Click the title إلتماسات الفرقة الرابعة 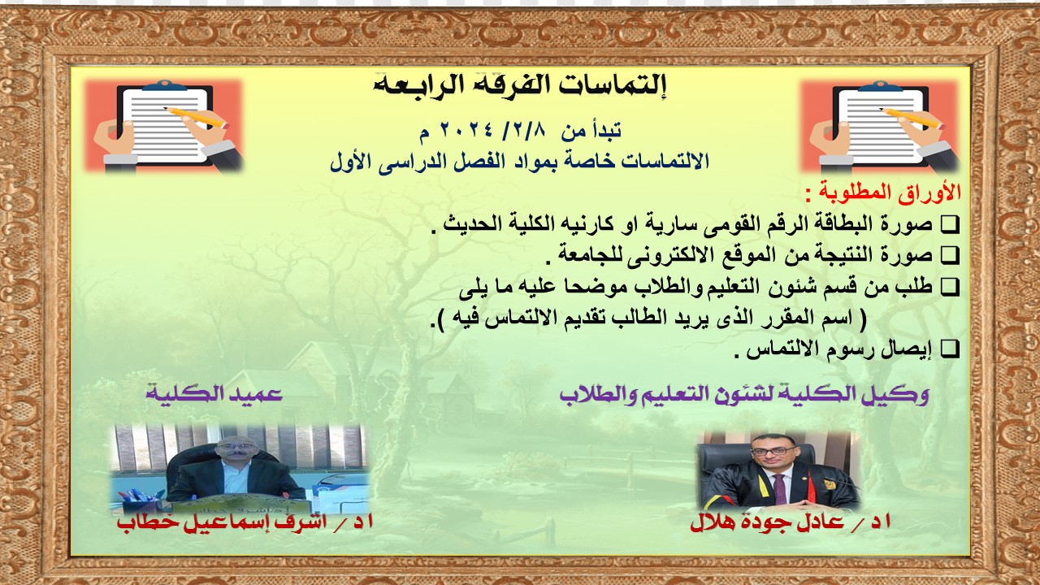pyautogui.click(x=520, y=86)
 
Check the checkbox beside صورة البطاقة pyautogui.click(x=950, y=225)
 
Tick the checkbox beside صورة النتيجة pyautogui.click(x=950, y=256)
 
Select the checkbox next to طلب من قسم pyautogui.click(x=950, y=288)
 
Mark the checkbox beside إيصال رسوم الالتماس pyautogui.click(x=950, y=349)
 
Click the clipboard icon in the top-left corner pyautogui.click(x=163, y=126)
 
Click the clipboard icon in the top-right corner pyautogui.click(x=880, y=126)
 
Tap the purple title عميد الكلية pyautogui.click(x=214, y=394)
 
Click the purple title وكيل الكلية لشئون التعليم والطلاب pyautogui.click(x=744, y=395)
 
